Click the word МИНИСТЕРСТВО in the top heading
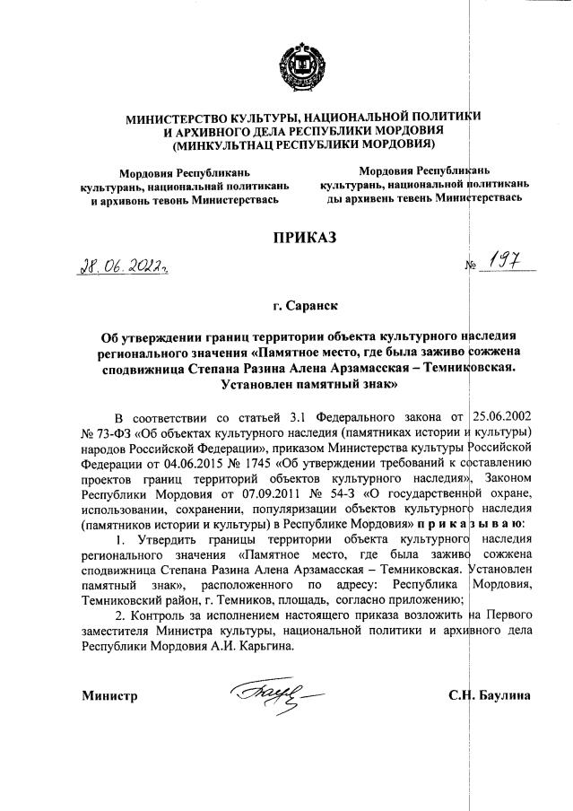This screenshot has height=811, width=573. [x=175, y=118]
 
